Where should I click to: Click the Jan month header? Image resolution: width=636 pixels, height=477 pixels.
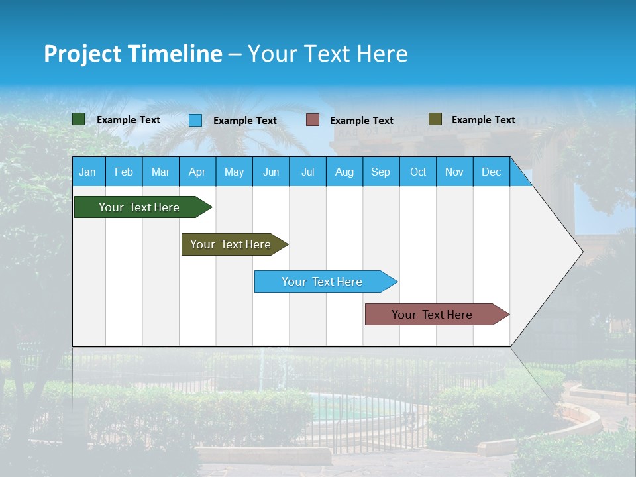[x=88, y=172]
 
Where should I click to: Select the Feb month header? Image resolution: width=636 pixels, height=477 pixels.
[x=124, y=172]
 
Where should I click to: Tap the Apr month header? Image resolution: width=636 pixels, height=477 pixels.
[x=197, y=172]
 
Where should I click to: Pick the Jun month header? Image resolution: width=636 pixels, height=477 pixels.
[x=271, y=172]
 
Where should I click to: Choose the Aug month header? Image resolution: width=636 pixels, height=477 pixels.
[x=344, y=172]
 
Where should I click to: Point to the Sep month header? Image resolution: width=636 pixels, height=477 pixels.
[x=381, y=172]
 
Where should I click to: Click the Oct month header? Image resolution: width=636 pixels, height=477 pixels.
[x=418, y=172]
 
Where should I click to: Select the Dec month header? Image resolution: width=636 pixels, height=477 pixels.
[x=492, y=172]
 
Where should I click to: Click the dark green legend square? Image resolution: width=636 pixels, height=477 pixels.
[x=79, y=119]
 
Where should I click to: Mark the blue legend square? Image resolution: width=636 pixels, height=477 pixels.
[x=195, y=120]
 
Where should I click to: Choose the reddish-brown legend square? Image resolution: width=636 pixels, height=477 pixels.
[x=313, y=120]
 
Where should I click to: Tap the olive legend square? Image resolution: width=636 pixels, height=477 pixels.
[x=435, y=119]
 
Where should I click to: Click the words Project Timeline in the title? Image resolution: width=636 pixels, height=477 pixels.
[x=133, y=54]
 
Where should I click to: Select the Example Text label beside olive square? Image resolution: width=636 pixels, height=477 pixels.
[x=483, y=120]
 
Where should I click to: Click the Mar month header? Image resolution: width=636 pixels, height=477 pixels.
[x=160, y=172]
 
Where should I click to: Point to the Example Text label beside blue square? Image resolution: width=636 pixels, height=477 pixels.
[x=244, y=121]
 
